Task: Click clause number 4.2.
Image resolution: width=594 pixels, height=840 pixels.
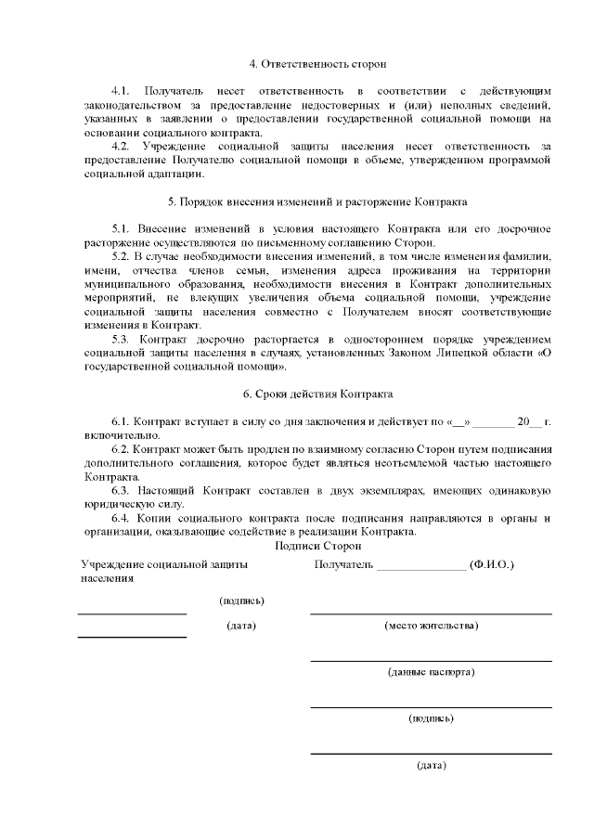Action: click(120, 147)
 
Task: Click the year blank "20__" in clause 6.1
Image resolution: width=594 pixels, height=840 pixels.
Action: click(528, 422)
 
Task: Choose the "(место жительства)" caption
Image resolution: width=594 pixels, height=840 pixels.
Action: click(431, 626)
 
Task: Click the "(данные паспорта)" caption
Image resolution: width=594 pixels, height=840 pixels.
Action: click(431, 671)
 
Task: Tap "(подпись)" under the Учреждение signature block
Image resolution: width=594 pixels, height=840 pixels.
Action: click(241, 601)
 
